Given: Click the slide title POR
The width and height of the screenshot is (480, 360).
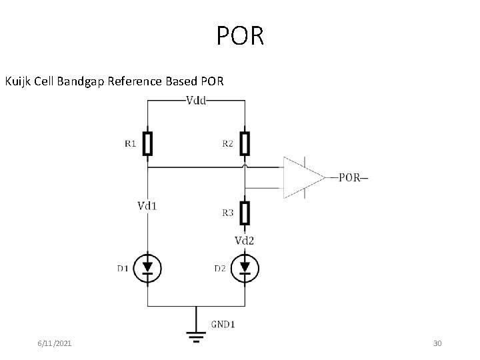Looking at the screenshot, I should pyautogui.click(x=240, y=36).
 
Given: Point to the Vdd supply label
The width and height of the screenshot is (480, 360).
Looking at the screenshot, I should pyautogui.click(x=196, y=101).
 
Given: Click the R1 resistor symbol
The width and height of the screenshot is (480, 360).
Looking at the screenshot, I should pyautogui.click(x=148, y=143).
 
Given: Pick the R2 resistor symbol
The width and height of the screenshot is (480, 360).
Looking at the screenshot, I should pyautogui.click(x=245, y=143).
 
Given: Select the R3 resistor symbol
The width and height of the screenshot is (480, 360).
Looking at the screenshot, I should pyautogui.click(x=245, y=213).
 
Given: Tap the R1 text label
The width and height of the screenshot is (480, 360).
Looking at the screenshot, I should pyautogui.click(x=129, y=143).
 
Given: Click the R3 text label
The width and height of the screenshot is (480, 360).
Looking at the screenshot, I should pyautogui.click(x=227, y=213).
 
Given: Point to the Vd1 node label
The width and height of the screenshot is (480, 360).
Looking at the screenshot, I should pyautogui.click(x=147, y=205).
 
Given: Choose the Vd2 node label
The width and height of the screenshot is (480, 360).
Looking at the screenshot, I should pyautogui.click(x=245, y=240).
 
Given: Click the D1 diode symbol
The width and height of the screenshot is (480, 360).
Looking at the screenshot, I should pyautogui.click(x=147, y=268).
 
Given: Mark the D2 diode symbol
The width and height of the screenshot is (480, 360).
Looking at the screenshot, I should pyautogui.click(x=245, y=268).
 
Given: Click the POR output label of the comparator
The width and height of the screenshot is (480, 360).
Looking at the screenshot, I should pyautogui.click(x=351, y=177).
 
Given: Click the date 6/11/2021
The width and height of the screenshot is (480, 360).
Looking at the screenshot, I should pyautogui.click(x=55, y=343).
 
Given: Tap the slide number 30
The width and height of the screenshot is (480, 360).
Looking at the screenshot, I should pyautogui.click(x=437, y=343).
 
